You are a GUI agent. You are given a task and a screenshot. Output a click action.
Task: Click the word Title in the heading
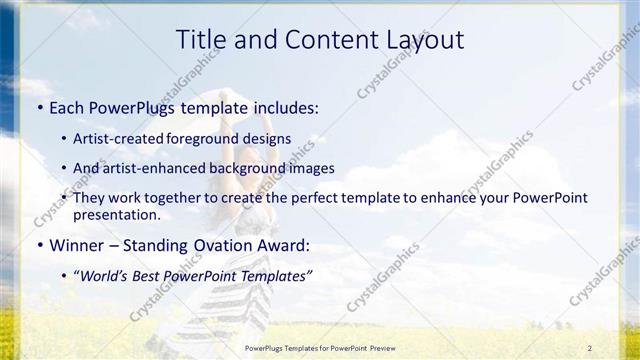click(x=200, y=40)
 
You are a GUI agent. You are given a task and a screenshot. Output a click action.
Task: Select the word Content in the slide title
click(x=328, y=40)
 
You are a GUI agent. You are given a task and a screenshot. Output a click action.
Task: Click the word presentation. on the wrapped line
click(x=116, y=214)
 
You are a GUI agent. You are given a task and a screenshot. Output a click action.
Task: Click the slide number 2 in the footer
click(x=590, y=347)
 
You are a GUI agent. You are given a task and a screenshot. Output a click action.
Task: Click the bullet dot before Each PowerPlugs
click(x=39, y=107)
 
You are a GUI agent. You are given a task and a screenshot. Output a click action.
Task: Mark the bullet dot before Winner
click(x=39, y=245)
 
